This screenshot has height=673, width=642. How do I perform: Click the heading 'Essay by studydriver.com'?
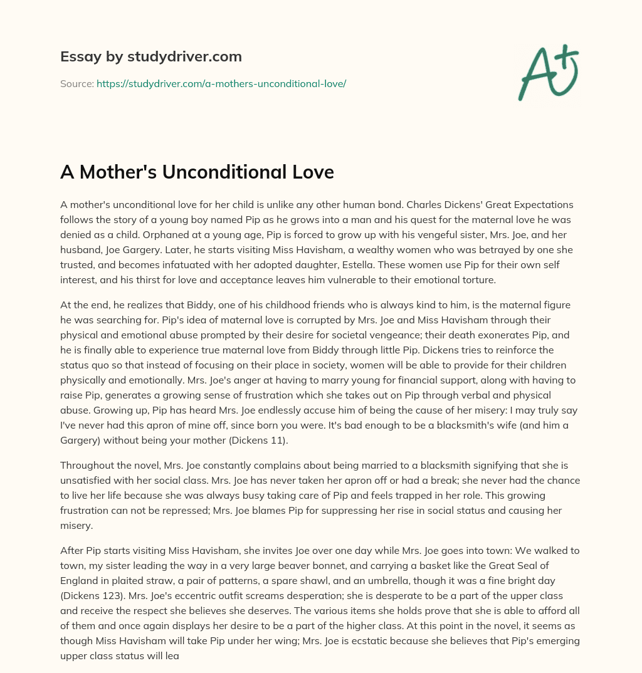pos(150,56)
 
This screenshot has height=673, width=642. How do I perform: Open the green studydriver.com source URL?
pos(221,83)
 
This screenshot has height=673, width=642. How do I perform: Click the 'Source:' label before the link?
pos(77,83)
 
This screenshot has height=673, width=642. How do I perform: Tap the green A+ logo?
pos(548,71)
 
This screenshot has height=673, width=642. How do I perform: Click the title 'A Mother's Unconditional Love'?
pos(197,172)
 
